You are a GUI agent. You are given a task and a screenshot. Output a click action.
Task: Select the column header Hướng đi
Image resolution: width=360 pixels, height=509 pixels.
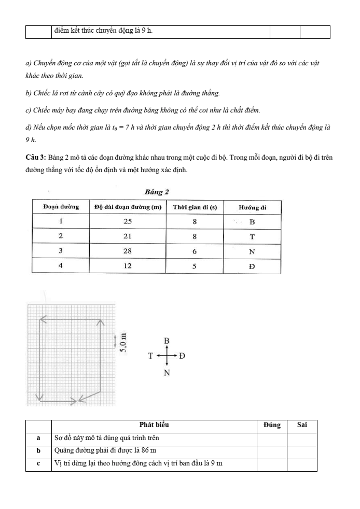click(252, 207)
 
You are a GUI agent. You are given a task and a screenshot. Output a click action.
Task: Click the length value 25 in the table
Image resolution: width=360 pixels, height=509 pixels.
click(128, 221)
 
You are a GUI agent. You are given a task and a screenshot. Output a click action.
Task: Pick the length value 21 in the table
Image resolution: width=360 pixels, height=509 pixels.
click(128, 236)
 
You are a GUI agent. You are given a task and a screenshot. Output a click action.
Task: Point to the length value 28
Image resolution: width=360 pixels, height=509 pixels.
click(128, 251)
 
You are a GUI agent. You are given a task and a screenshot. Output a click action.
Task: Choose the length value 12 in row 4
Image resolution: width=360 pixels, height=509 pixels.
click(128, 266)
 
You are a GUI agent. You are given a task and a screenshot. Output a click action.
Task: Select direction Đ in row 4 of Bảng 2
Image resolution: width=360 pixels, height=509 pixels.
click(252, 266)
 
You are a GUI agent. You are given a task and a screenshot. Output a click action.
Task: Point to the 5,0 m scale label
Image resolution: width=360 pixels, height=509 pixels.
click(122, 342)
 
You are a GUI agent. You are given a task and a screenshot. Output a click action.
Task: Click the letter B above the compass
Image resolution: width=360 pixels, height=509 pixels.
click(167, 341)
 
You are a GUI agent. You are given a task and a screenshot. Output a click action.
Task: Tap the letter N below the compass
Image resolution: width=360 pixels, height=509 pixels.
click(167, 373)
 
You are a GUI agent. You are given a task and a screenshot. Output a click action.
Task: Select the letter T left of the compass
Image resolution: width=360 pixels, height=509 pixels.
click(150, 357)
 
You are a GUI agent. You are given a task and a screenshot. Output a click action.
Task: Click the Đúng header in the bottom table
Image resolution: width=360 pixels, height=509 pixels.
click(272, 425)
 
